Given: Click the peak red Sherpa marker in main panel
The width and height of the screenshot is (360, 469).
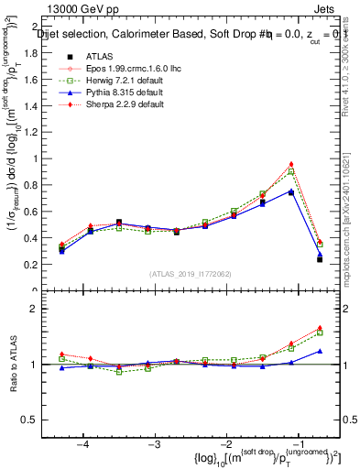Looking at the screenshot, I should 291,164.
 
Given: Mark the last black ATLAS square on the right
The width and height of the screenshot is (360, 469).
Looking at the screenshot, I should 320,259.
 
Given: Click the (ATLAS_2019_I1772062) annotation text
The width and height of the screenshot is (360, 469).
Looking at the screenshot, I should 191,274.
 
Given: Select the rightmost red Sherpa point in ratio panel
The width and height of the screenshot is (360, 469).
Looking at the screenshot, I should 320,327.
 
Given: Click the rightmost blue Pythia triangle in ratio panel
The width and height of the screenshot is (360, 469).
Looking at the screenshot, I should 320,351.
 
